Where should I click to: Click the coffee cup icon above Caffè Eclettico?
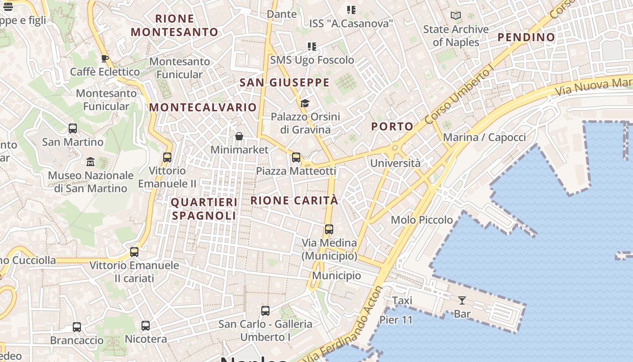pyautogui.click(x=104, y=58)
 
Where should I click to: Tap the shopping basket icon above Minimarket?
pyautogui.click(x=239, y=136)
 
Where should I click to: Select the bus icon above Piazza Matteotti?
pyautogui.click(x=296, y=157)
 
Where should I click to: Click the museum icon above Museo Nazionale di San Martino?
pyautogui.click(x=90, y=162)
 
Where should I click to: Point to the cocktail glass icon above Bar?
pyautogui.click(x=462, y=300)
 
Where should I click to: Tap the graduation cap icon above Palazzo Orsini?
pyautogui.click(x=305, y=104)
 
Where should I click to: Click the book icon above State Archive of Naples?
pyautogui.click(x=456, y=16)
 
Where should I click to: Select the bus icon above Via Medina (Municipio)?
pyautogui.click(x=329, y=229)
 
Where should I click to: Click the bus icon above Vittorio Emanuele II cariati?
pyautogui.click(x=134, y=252)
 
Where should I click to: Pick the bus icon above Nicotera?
pyautogui.click(x=146, y=326)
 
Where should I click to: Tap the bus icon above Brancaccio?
pyautogui.click(x=77, y=327)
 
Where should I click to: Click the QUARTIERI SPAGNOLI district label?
pyautogui.click(x=204, y=209)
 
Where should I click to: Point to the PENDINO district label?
pyautogui.click(x=526, y=38)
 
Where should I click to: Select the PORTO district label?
pyautogui.click(x=392, y=127)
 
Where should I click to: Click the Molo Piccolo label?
pyautogui.click(x=422, y=220)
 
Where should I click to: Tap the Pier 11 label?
pyautogui.click(x=396, y=320)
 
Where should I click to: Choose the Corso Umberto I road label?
pyautogui.click(x=459, y=94)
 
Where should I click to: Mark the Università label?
pyautogui.click(x=395, y=163)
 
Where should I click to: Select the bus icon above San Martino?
pyautogui.click(x=73, y=129)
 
